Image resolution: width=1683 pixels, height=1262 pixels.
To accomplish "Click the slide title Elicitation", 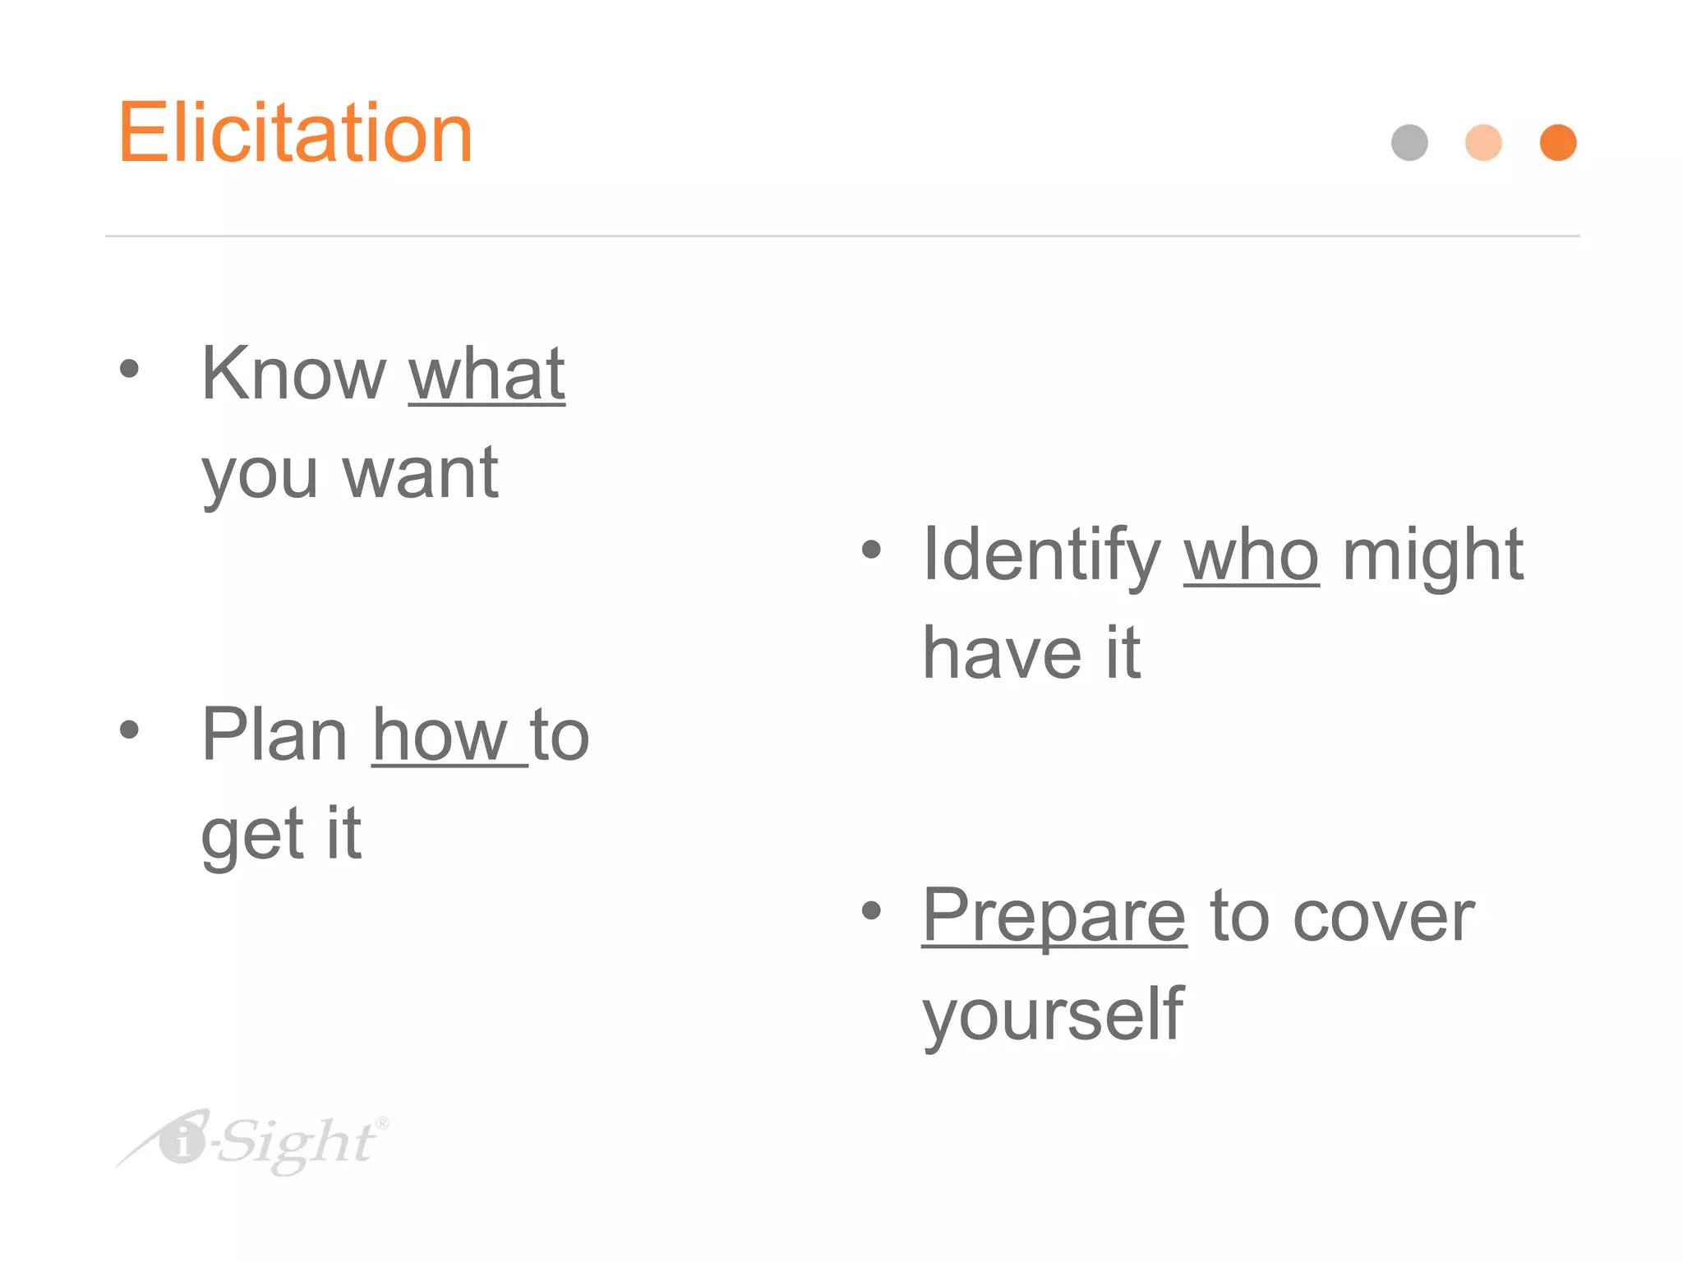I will pyautogui.click(x=295, y=133).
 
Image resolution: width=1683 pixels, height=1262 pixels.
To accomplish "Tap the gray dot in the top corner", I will pyautogui.click(x=1409, y=143).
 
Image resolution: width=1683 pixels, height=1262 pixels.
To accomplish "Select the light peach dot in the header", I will pyautogui.click(x=1483, y=143).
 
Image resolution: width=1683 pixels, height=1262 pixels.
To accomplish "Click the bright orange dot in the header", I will pyautogui.click(x=1557, y=143).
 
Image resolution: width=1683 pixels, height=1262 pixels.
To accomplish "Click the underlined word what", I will pyautogui.click(x=486, y=375).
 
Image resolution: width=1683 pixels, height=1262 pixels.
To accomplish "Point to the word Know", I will pyautogui.click(x=293, y=375).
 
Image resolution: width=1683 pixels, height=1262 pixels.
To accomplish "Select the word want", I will pyautogui.click(x=420, y=474).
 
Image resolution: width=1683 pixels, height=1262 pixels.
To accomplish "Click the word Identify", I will pyautogui.click(x=1041, y=556).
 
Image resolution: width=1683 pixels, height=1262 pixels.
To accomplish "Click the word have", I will pyautogui.click(x=1002, y=654).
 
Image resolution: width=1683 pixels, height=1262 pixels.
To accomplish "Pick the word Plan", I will pyautogui.click(x=275, y=735).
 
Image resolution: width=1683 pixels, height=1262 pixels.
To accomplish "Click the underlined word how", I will pyautogui.click(x=440, y=737).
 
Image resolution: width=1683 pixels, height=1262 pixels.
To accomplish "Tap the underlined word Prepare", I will pyautogui.click(x=1054, y=918).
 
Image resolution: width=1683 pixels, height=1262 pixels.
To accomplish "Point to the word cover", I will pyautogui.click(x=1384, y=918).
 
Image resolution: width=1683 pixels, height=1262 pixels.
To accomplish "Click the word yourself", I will pyautogui.click(x=1053, y=1016).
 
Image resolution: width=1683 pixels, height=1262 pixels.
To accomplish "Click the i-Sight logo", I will pyautogui.click(x=255, y=1142).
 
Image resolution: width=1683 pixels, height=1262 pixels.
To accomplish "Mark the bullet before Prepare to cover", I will pyautogui.click(x=871, y=910).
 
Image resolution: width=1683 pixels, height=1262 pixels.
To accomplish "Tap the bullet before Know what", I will pyautogui.click(x=129, y=368).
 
